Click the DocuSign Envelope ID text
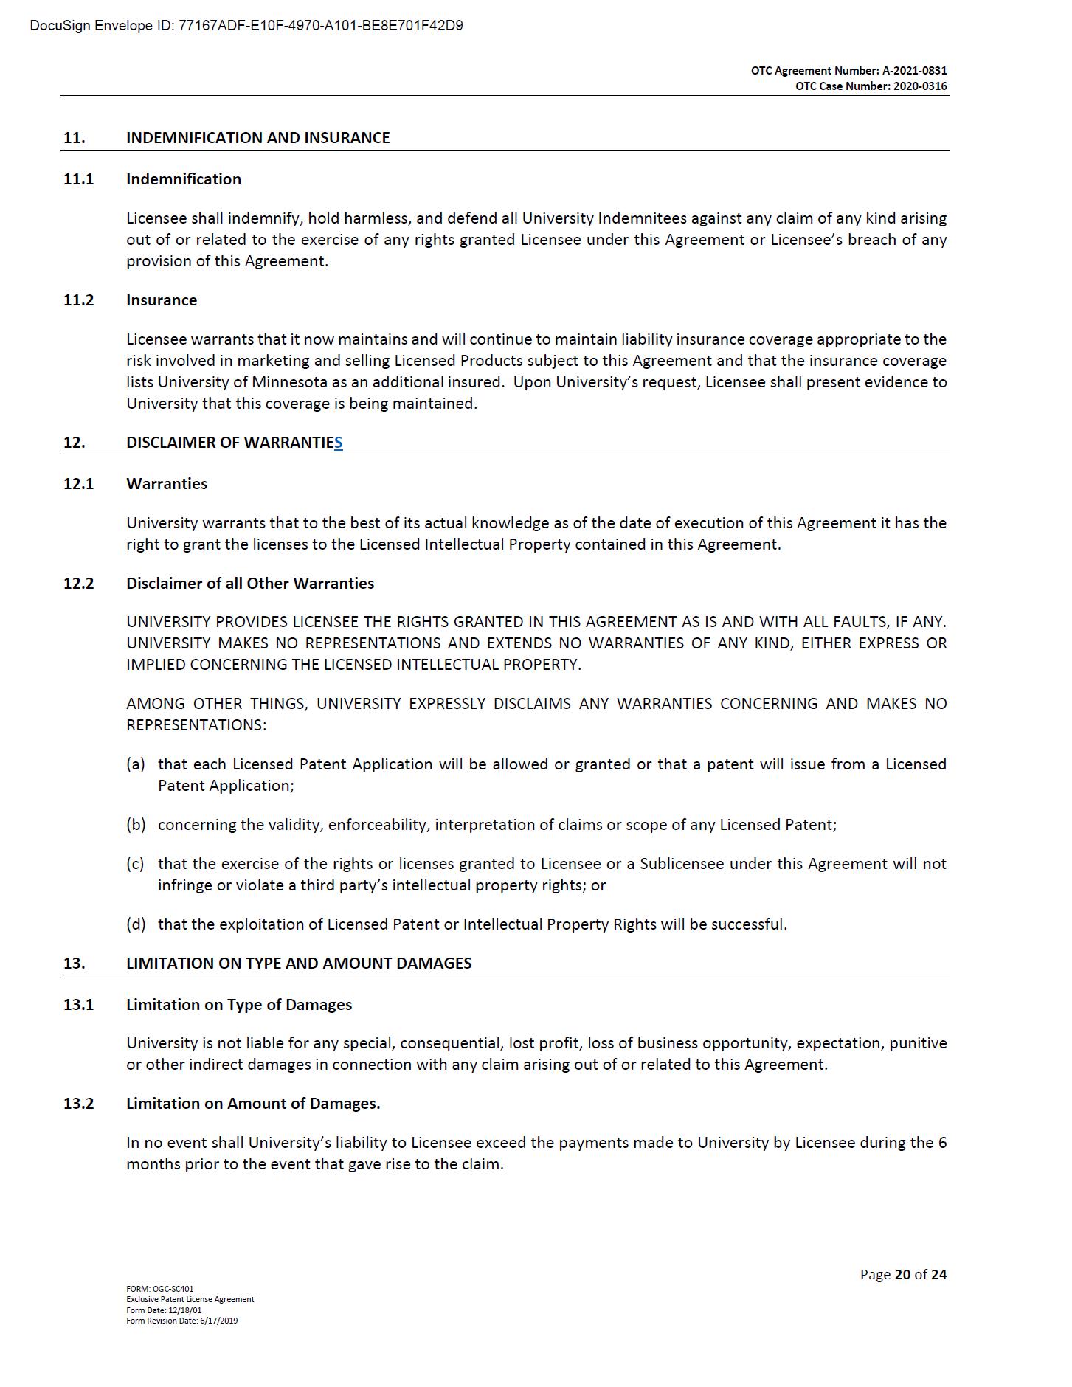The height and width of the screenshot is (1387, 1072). tap(246, 26)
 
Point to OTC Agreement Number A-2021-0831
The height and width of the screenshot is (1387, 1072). tap(848, 71)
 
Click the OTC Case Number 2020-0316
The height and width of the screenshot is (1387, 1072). tap(871, 86)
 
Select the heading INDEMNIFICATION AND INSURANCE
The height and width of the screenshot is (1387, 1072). tap(257, 138)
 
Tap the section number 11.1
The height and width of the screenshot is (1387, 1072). tap(79, 179)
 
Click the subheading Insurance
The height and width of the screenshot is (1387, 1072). tap(162, 300)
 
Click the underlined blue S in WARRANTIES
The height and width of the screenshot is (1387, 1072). tap(338, 443)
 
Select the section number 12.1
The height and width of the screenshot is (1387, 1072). tap(79, 484)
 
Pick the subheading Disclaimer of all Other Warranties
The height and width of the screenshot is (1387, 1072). tap(250, 584)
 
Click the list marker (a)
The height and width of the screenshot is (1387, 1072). tap(136, 764)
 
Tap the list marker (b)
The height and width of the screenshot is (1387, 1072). tap(136, 825)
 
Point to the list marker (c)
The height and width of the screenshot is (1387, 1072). tap(136, 864)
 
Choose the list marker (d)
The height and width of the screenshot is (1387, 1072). tap(136, 924)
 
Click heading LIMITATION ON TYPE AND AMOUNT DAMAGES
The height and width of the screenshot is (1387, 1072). tap(299, 964)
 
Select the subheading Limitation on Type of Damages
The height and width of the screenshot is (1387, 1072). tap(239, 1005)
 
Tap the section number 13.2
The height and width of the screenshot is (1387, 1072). tap(79, 1104)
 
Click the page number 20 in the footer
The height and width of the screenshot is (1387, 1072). tap(902, 1274)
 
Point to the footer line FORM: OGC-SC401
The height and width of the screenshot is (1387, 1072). tap(160, 1289)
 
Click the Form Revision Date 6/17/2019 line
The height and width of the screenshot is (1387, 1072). tap(182, 1321)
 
